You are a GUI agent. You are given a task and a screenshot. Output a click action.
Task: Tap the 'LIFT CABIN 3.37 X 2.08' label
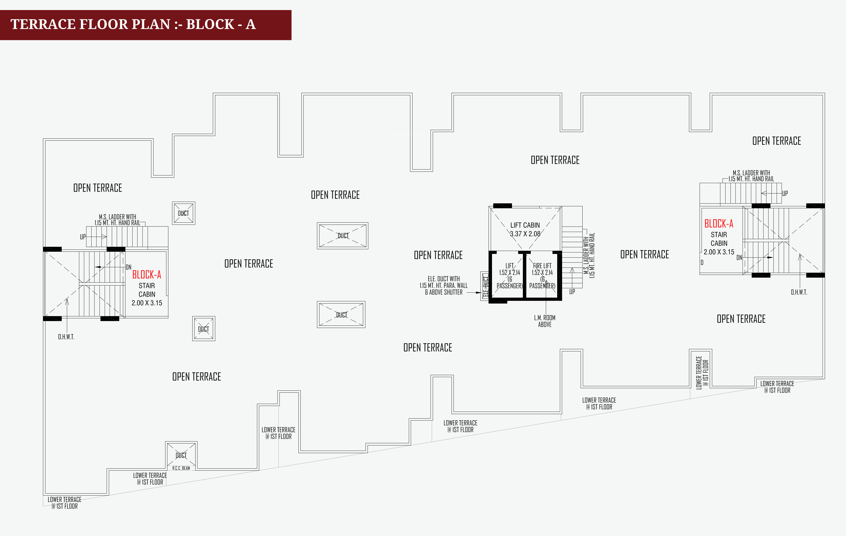tap(525, 229)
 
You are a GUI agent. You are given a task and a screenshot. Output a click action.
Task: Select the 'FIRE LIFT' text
tap(542, 266)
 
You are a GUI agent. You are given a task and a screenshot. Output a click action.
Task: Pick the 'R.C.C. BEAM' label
tap(181, 468)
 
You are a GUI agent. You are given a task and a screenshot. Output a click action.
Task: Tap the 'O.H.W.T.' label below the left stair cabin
tap(66, 337)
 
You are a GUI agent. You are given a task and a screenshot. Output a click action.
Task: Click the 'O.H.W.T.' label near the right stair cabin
tap(799, 292)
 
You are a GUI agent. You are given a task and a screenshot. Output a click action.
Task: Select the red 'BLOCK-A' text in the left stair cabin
tap(146, 275)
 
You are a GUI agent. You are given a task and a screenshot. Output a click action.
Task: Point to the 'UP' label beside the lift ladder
tap(572, 291)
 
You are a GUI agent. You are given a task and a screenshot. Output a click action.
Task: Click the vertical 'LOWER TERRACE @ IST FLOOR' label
tap(702, 372)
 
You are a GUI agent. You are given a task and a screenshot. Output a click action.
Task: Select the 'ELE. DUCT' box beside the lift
tap(485, 286)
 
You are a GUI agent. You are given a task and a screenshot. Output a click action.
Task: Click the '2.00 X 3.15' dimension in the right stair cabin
tap(719, 252)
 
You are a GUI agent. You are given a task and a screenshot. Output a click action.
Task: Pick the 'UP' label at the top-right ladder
tap(785, 193)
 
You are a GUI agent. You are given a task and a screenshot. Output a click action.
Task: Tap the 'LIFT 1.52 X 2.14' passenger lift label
tap(510, 269)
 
